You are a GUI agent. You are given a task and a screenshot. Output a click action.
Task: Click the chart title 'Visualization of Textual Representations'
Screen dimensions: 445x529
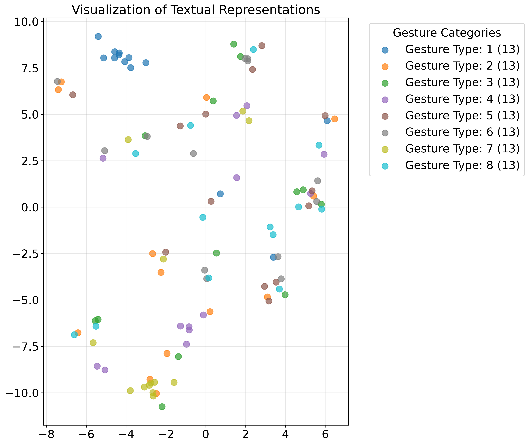(x=196, y=10)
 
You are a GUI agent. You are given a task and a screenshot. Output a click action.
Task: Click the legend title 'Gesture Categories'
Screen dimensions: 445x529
(x=447, y=33)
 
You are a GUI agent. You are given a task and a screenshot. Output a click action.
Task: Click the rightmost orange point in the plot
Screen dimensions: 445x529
(x=334, y=119)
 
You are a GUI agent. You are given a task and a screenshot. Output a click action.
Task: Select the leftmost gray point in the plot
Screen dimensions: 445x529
(x=57, y=82)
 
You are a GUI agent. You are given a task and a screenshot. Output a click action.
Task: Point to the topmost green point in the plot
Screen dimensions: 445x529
(x=234, y=44)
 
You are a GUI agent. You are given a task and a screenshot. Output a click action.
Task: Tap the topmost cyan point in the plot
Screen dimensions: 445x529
(x=253, y=49)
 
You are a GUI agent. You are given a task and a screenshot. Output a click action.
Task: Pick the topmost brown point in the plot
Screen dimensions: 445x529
(x=262, y=46)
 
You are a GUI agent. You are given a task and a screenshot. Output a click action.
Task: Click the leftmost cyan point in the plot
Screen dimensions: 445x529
(x=74, y=335)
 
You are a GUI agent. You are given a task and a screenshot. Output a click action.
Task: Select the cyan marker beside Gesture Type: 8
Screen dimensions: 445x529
(x=385, y=166)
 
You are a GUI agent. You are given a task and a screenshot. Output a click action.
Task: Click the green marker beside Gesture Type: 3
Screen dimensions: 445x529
(x=385, y=83)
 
